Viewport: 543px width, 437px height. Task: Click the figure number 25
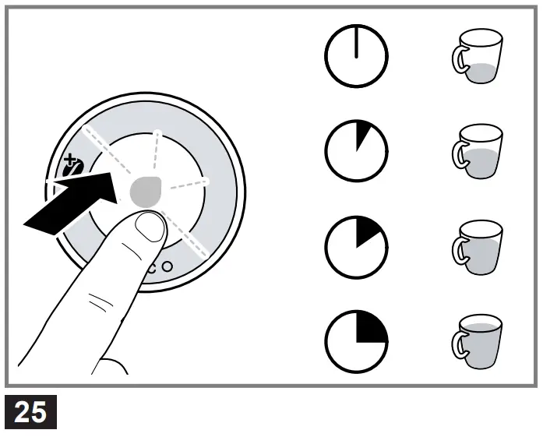(x=30, y=411)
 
